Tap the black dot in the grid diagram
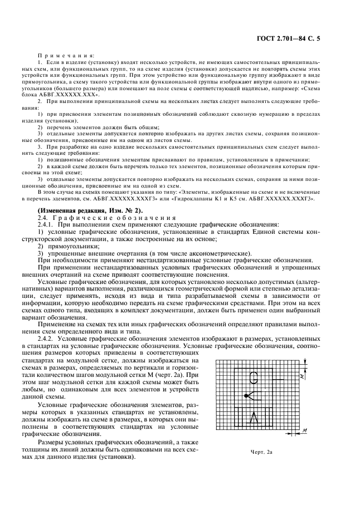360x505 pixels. pos(246,395)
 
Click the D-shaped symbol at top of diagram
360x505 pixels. pos(254,378)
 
